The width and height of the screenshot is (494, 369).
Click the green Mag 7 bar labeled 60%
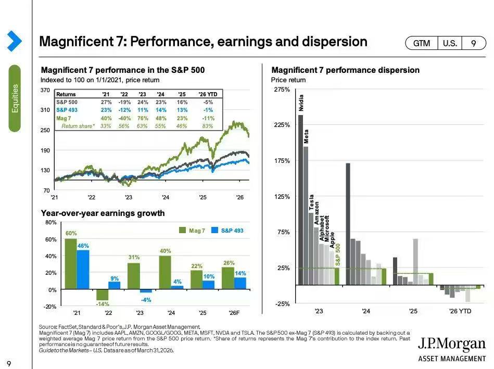(71, 264)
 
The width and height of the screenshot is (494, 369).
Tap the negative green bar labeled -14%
(103, 295)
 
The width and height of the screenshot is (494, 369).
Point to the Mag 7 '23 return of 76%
(142, 118)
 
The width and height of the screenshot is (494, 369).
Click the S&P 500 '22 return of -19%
(124, 102)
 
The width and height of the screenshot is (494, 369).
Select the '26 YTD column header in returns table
(208, 94)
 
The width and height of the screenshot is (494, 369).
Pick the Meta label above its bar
(306, 136)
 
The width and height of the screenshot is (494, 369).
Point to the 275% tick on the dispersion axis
(282, 90)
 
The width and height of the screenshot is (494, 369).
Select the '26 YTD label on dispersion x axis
(460, 311)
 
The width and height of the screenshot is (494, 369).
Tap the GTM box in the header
(421, 44)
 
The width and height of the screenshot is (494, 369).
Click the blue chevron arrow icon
(14, 41)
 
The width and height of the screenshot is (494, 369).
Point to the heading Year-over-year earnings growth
(103, 213)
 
